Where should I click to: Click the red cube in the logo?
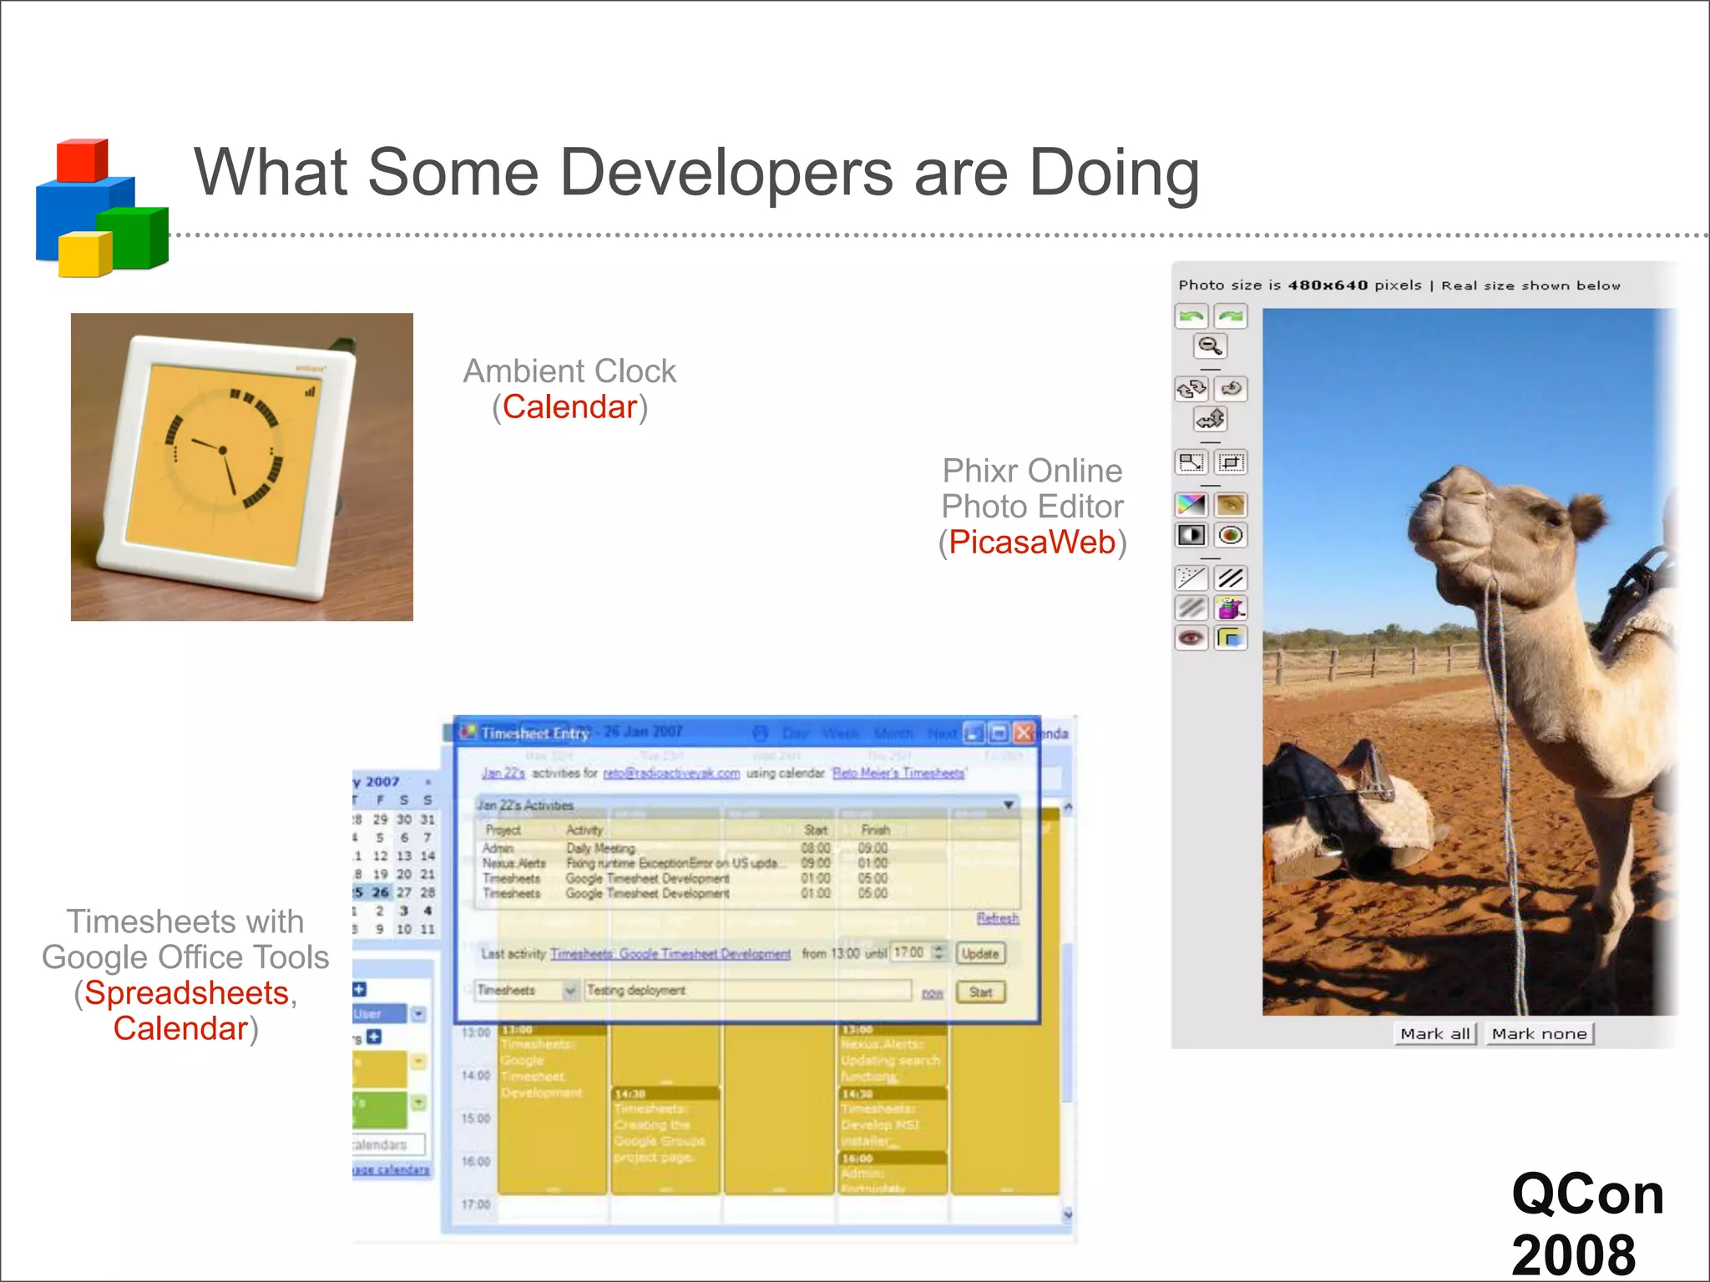pyautogui.click(x=81, y=160)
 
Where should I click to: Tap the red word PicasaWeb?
pyautogui.click(x=1032, y=543)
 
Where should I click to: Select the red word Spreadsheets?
pyautogui.click(x=186, y=993)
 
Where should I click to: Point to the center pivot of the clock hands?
pyautogui.click(x=223, y=451)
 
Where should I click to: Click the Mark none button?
pyautogui.click(x=1539, y=1034)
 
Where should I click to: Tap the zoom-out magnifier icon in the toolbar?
pyautogui.click(x=1210, y=346)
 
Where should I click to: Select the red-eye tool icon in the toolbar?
pyautogui.click(x=1191, y=638)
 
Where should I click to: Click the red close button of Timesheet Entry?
pyautogui.click(x=1024, y=733)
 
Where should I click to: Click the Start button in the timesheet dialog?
pyautogui.click(x=980, y=992)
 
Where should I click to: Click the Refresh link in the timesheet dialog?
pyautogui.click(x=998, y=918)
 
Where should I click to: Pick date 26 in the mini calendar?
pyautogui.click(x=381, y=892)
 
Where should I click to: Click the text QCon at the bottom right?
pyautogui.click(x=1587, y=1194)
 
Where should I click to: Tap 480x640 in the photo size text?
pyautogui.click(x=1328, y=285)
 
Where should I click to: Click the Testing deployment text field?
pyautogui.click(x=747, y=991)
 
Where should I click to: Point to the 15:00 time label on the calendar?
pyautogui.click(x=476, y=1118)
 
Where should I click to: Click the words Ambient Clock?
pyautogui.click(x=569, y=371)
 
